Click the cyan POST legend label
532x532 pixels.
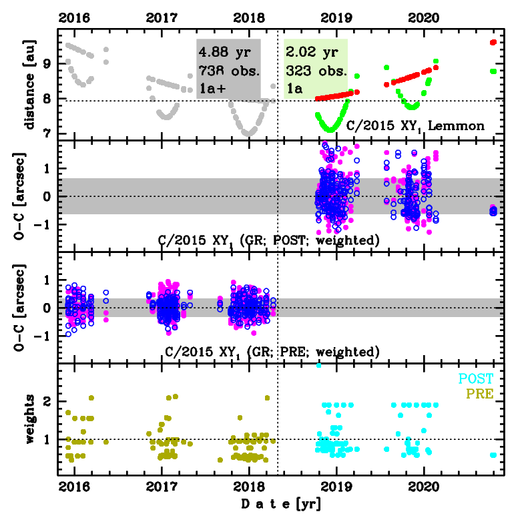475,379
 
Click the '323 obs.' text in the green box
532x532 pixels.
316,70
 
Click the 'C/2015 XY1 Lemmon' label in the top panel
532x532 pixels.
415,125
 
